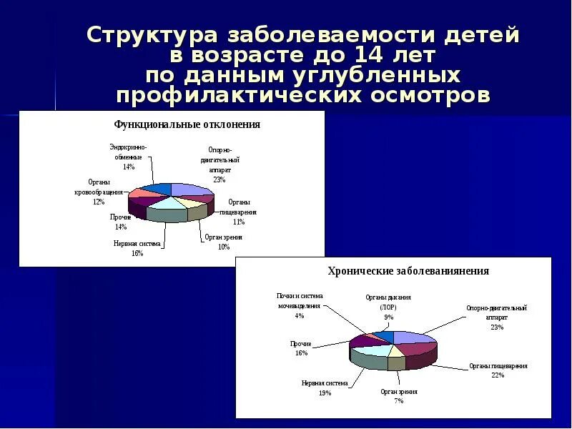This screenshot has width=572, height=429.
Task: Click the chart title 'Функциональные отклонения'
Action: (x=187, y=124)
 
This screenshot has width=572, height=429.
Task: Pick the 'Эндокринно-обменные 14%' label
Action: (x=126, y=157)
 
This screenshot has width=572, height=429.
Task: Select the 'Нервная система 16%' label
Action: (x=137, y=248)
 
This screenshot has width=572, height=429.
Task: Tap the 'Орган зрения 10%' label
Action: (x=223, y=242)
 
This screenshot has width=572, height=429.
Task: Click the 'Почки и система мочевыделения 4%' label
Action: (x=300, y=305)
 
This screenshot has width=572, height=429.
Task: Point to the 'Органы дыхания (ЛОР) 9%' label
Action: (x=388, y=307)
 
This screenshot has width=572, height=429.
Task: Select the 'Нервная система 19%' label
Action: (x=324, y=388)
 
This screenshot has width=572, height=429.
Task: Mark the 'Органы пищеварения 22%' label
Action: (x=498, y=370)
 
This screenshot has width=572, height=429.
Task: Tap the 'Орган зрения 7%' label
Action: (x=398, y=396)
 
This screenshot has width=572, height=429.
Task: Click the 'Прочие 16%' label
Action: (x=300, y=348)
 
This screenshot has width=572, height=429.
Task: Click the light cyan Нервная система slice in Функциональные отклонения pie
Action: (x=166, y=202)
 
